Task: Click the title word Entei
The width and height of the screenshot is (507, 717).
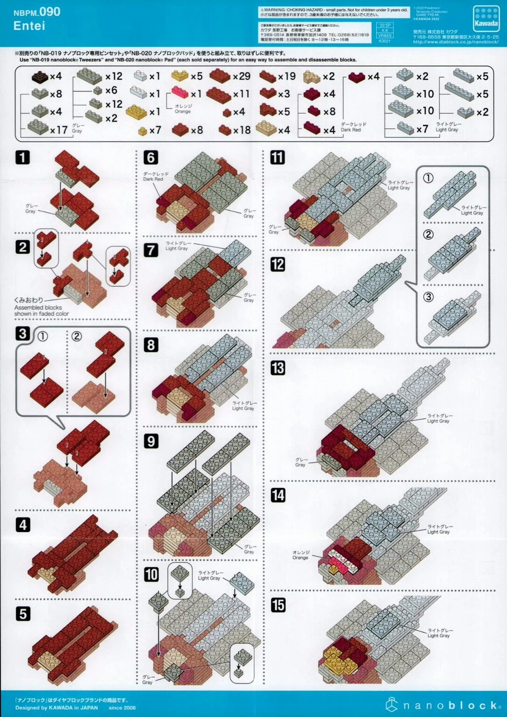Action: pos(29,26)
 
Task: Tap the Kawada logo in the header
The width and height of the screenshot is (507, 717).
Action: pos(486,19)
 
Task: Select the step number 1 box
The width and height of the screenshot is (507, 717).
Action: pos(23,158)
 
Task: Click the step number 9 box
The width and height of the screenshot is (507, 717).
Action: pos(151,441)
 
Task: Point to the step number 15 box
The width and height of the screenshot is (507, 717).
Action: pos(278,605)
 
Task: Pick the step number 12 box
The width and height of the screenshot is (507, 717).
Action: pos(278,265)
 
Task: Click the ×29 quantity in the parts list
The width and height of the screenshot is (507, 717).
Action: pos(241,76)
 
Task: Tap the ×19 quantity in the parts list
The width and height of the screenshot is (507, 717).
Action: pos(287,76)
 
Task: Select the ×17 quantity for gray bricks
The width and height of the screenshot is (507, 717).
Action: pos(59,130)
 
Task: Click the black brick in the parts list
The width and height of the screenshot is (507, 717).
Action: pos(39,77)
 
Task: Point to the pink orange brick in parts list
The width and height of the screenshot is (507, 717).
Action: pos(180,93)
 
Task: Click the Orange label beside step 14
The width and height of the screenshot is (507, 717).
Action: pos(300,555)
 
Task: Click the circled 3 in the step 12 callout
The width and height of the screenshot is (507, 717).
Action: pos(428,297)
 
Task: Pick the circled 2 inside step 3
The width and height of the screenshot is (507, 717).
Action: pos(77,336)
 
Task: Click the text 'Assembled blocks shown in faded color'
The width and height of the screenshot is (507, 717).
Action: pos(41,310)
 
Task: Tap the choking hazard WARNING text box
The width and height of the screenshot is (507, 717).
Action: pos(334,12)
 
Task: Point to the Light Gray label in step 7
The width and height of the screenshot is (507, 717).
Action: pos(177,246)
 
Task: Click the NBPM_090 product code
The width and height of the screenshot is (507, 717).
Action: pos(37,12)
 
